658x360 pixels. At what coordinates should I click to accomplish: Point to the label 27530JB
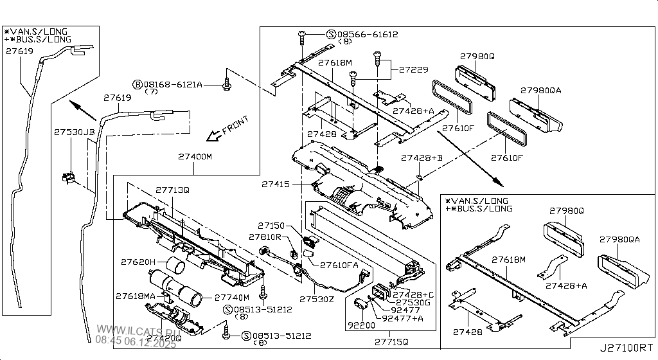[x=74, y=131]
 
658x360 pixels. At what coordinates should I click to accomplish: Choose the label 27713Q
[x=172, y=190]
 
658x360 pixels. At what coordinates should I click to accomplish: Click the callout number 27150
[x=271, y=226]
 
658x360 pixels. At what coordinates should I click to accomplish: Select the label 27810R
[x=265, y=237]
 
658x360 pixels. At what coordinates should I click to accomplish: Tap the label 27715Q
[x=391, y=341]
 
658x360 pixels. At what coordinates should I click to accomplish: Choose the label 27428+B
[x=422, y=157]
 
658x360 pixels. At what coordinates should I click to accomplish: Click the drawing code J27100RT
[x=626, y=348]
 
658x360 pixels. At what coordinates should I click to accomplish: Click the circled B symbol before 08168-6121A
[x=137, y=84]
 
